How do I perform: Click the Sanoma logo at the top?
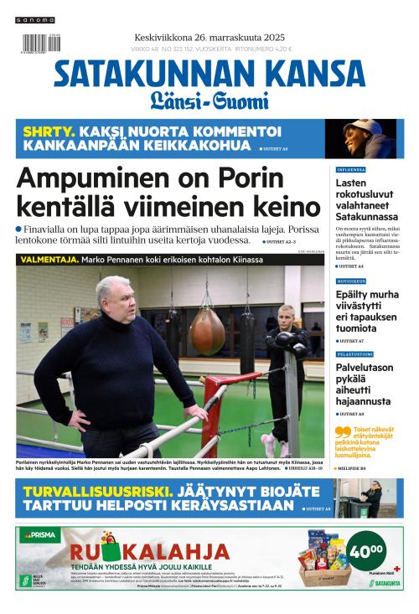click(x=36, y=19)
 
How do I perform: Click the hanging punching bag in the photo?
click(x=206, y=331)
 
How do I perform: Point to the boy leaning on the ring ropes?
click(x=285, y=352)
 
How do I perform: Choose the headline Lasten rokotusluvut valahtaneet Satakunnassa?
click(x=365, y=199)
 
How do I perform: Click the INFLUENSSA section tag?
click(x=351, y=169)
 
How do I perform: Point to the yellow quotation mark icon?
click(x=341, y=433)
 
